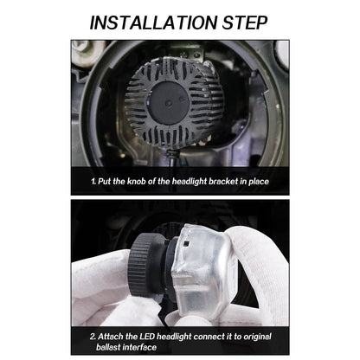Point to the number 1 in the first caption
pos(93,183)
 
